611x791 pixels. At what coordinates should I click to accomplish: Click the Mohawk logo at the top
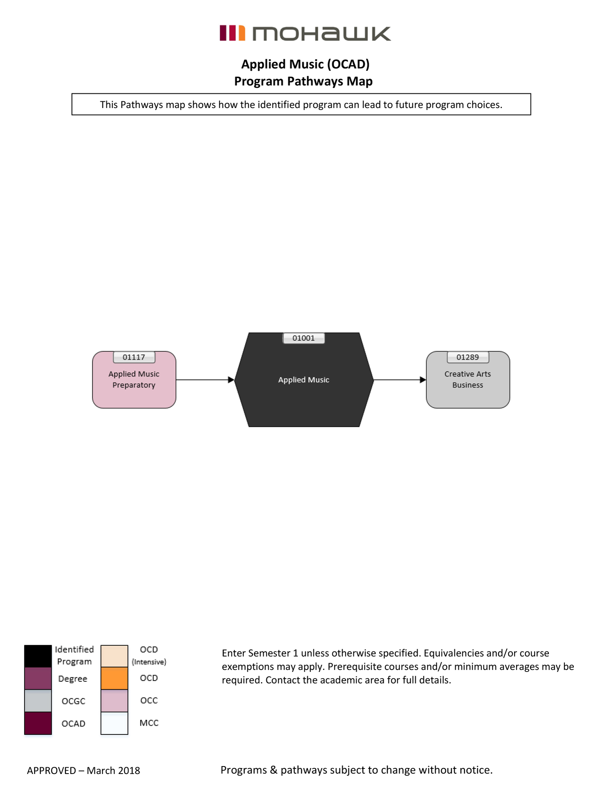tap(305, 34)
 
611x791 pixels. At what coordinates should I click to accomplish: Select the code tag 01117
tap(134, 357)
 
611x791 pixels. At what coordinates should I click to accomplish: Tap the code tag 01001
tap(304, 338)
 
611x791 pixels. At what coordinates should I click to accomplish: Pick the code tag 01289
tap(468, 357)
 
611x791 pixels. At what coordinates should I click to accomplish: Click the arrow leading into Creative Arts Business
tap(399, 380)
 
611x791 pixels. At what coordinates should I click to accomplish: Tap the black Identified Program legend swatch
tap(38, 656)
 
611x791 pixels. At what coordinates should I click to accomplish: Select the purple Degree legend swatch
tap(38, 678)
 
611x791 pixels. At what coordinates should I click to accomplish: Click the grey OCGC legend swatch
tap(38, 700)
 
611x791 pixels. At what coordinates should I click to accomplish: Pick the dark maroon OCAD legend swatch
tap(38, 723)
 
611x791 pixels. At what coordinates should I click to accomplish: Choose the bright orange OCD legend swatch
tap(114, 678)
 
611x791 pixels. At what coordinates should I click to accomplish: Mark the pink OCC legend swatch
tap(114, 700)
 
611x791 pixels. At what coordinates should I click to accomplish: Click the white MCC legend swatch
tap(114, 723)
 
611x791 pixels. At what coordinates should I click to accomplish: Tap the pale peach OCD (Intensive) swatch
tap(114, 656)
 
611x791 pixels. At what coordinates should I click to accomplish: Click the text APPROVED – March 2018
tap(83, 770)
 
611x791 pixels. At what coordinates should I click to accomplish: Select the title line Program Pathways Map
tap(303, 81)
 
